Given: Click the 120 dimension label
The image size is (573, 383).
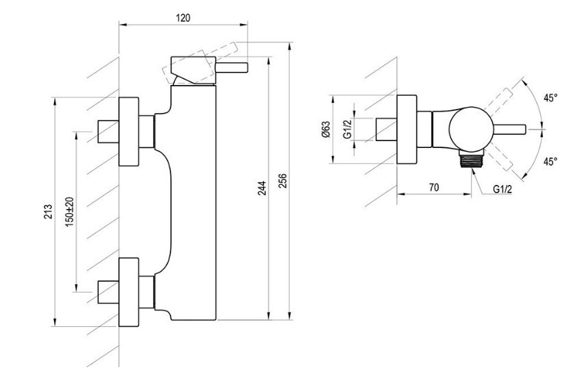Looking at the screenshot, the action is coord(183,18).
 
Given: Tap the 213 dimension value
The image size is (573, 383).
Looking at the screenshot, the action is coord(48,212).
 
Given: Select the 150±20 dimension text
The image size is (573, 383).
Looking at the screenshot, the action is coord(70,212).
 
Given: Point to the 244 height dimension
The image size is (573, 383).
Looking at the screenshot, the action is coord(262,188).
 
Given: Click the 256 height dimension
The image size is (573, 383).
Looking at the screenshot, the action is coord(283,181).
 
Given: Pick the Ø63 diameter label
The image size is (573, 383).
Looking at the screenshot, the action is coord(326,129).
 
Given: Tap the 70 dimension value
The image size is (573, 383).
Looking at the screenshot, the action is coord(433,188).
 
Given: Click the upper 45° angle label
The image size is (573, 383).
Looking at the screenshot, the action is coord(550,98).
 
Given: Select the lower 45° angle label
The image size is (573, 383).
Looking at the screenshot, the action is coord(550,161).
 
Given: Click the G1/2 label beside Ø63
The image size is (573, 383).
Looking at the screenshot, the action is coord(348,129).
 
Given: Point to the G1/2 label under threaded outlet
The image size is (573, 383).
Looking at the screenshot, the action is coord(502,189).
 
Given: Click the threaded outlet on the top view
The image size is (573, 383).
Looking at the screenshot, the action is coord(472,159).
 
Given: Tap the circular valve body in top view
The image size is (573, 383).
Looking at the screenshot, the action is coord(472,129).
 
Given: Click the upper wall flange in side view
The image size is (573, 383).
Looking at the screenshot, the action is coord(129,132).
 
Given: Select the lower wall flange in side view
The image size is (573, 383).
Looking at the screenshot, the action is coord(129,292).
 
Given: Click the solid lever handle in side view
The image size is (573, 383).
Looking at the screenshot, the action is coord(231,68).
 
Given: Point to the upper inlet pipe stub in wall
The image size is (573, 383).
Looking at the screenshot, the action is coord(108,132).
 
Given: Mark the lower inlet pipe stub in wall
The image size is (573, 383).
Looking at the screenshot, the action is coord(108,293).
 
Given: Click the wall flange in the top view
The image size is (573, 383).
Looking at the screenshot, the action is coord(407,129).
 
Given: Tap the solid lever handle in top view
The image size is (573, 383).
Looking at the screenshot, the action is coord(510,129).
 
